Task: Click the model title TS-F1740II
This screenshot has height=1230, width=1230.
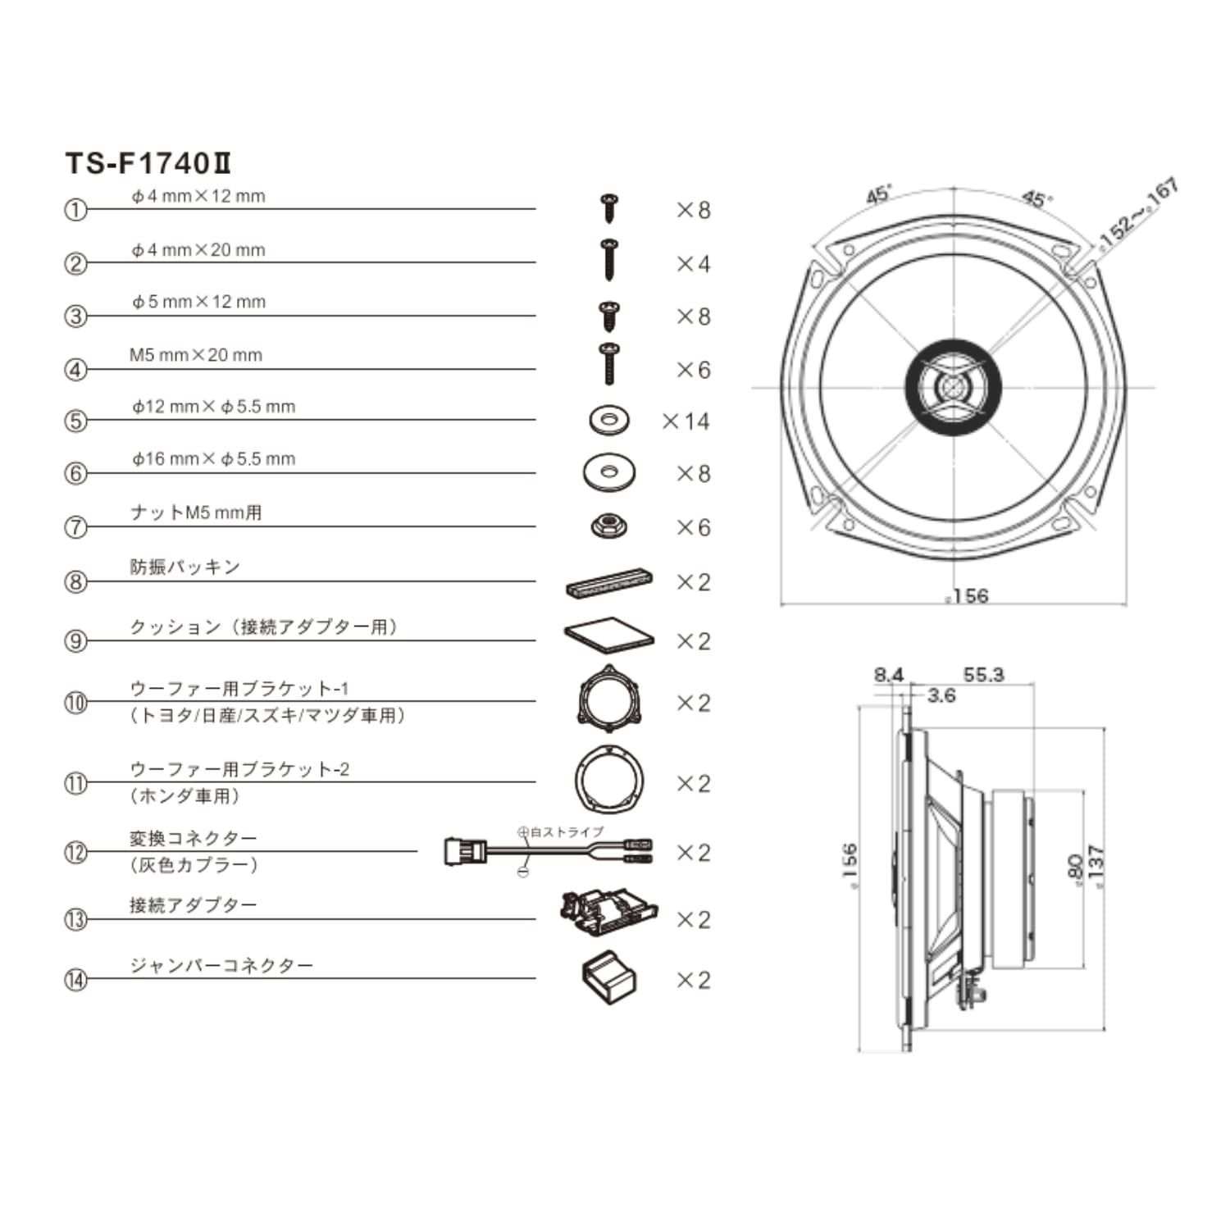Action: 148,163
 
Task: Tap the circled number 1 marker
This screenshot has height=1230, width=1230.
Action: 75,210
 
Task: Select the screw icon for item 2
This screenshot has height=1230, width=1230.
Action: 608,260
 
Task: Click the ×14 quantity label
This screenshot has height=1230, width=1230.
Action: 686,421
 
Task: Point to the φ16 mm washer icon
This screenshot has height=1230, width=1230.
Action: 609,472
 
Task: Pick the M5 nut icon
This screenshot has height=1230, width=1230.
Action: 609,526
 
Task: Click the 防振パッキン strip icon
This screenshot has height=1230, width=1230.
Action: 609,582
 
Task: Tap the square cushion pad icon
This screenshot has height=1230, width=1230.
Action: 609,635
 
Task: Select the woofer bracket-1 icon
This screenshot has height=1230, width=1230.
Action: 608,699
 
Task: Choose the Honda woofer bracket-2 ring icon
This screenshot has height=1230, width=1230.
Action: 608,780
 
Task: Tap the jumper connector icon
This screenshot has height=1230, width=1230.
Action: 609,978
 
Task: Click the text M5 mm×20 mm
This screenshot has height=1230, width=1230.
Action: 196,355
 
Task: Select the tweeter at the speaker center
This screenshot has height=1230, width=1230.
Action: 953,386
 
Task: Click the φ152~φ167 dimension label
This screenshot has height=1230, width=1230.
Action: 1138,212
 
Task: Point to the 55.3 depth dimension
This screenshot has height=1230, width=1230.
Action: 983,675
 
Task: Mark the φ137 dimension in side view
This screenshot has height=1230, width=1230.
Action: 1095,865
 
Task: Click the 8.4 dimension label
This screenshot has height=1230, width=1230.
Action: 888,675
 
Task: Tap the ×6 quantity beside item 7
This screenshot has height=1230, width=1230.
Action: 693,527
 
